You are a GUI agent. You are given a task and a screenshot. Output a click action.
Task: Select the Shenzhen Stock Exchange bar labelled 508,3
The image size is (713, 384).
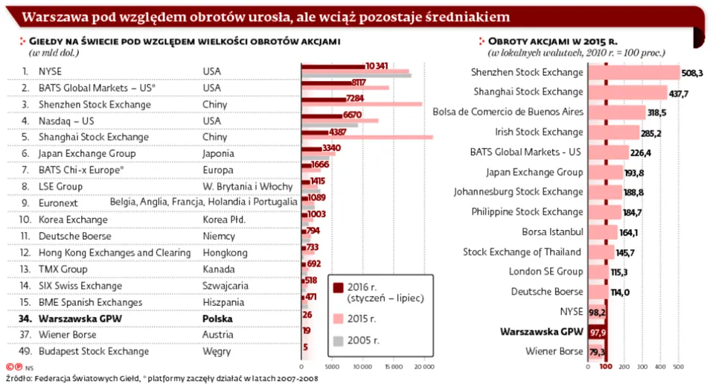click(633, 73)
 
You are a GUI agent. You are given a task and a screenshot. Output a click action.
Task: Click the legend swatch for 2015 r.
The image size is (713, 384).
click(338, 319)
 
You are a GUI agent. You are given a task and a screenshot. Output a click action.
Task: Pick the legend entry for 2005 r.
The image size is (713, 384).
click(363, 341)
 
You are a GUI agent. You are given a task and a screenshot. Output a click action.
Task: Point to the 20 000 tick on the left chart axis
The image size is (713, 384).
click(424, 367)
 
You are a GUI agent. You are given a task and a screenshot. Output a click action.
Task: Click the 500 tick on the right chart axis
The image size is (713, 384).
click(679, 367)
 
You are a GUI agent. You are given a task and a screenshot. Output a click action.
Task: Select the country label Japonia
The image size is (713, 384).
click(220, 154)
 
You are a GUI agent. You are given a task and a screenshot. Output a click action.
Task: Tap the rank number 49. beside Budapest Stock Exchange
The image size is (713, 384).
click(25, 351)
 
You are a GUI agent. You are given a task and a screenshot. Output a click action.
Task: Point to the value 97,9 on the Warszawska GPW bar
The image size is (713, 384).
click(598, 332)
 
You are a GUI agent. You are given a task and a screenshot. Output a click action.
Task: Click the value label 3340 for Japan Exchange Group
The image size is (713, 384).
click(331, 148)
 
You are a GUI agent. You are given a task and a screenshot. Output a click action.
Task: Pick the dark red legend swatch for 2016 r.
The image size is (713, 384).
click(338, 288)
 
